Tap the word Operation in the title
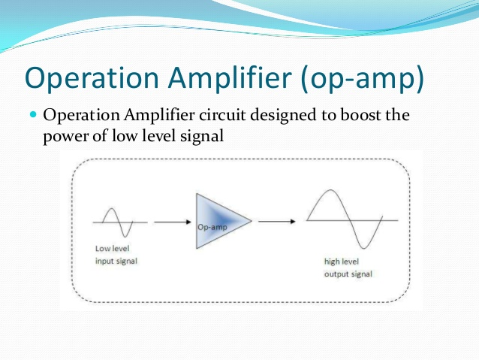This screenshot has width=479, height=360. pos(92,79)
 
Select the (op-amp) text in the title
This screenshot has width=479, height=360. pos(363,80)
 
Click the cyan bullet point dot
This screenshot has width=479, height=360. pos(33,115)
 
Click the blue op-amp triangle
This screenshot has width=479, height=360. pos(218,221)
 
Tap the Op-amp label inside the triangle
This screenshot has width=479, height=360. pos(212,227)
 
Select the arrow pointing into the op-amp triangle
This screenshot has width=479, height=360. pos(173,222)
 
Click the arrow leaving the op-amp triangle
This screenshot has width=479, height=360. pos(277,221)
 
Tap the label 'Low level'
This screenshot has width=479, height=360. pos(112,248)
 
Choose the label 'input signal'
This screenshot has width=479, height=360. pos(116,262)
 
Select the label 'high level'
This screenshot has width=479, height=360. pos(341,262)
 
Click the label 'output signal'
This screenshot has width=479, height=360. pos(348,274)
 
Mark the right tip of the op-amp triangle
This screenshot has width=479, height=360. pos(252,220)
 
